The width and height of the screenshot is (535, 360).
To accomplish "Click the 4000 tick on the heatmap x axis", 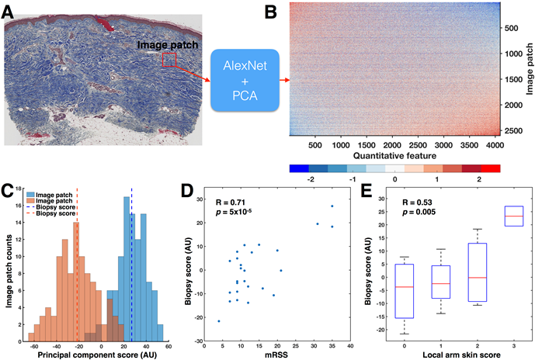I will click(492, 144).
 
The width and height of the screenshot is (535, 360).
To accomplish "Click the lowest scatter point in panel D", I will click(219, 321).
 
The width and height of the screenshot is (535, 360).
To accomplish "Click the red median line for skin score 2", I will click(478, 278).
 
